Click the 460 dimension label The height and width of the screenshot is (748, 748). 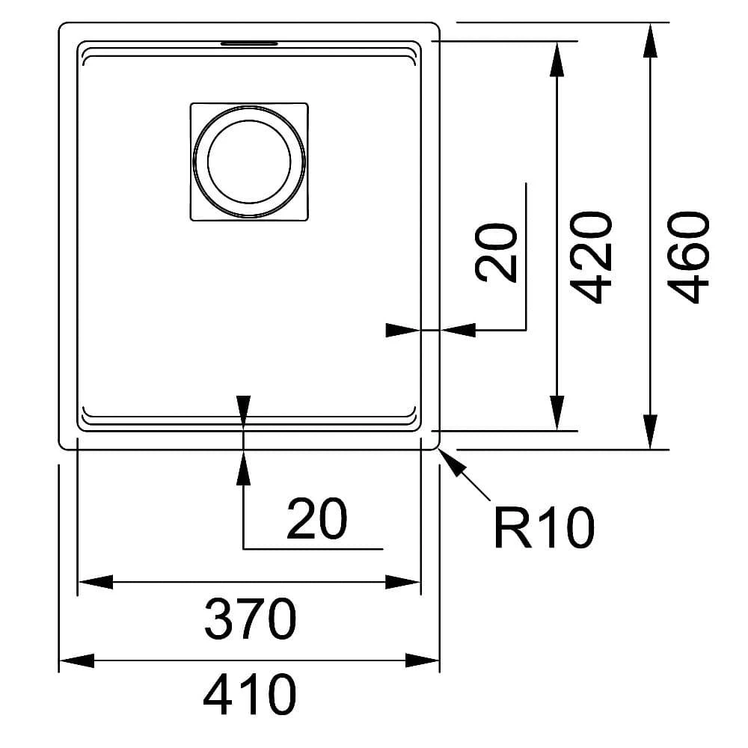688,257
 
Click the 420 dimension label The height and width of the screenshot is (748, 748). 591,257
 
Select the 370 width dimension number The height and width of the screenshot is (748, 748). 250,619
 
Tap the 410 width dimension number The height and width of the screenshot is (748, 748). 250,694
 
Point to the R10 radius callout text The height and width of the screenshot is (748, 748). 544,527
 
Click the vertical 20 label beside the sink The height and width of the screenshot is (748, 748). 497,254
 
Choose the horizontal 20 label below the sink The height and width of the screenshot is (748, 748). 316,518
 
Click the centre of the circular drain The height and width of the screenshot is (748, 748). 249,162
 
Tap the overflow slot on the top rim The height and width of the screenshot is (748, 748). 249,43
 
